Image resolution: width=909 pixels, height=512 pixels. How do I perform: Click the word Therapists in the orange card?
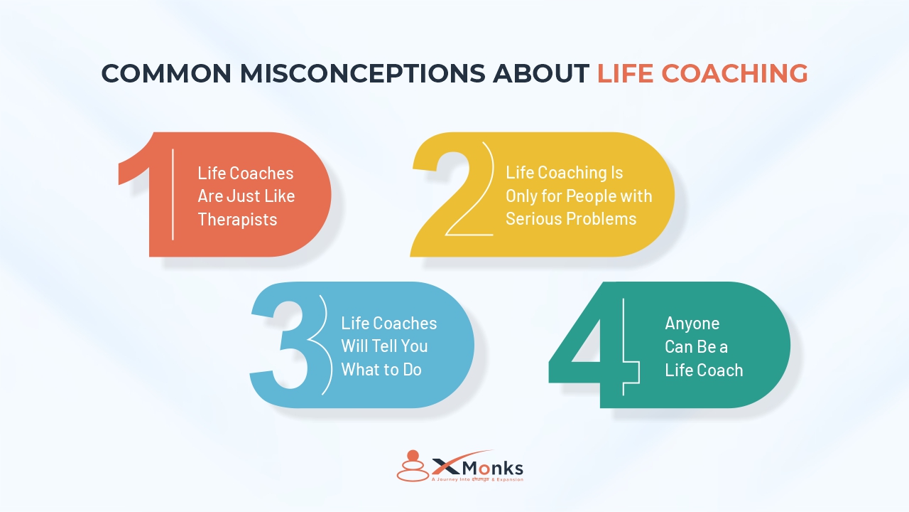tap(237, 219)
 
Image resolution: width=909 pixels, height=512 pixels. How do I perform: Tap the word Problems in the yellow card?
tap(602, 219)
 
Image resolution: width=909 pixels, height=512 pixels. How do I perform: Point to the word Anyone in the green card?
tap(692, 324)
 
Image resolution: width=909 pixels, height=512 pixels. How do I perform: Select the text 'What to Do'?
tap(381, 370)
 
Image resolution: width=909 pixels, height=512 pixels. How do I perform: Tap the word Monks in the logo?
tap(494, 468)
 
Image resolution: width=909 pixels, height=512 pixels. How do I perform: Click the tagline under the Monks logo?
tap(477, 480)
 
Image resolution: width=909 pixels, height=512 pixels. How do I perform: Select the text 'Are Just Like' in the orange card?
tap(246, 196)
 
